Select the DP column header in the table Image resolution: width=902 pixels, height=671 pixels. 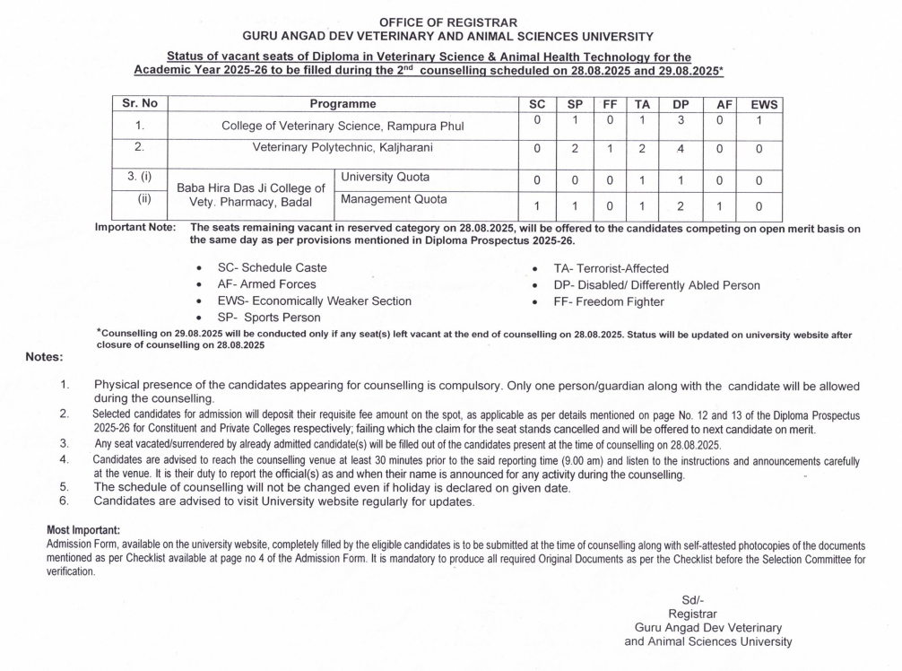(681, 105)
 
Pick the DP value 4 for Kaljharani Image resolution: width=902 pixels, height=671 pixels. (681, 149)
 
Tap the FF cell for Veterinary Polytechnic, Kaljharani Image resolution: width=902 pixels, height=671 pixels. (610, 149)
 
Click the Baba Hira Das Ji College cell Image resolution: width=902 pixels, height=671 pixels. (250, 196)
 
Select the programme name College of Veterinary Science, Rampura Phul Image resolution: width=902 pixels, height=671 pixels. (343, 126)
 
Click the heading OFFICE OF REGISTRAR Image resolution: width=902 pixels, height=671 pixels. (448, 22)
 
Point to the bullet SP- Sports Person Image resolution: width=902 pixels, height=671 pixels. (274, 317)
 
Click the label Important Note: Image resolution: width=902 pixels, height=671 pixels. (135, 229)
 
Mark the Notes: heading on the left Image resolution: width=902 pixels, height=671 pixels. (44, 357)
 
